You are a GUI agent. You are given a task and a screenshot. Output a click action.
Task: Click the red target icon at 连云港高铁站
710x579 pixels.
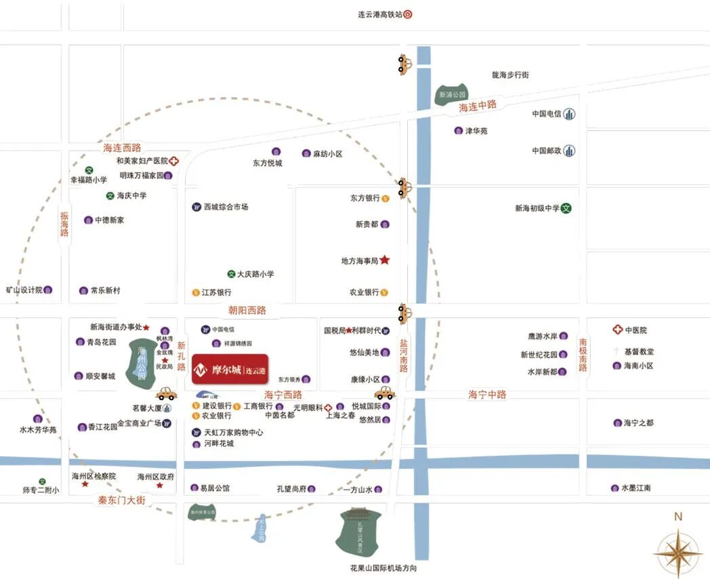408,14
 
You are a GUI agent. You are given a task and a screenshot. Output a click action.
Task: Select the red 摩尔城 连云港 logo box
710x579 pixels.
230,370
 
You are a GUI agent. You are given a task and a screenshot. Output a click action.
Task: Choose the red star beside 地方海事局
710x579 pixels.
385,260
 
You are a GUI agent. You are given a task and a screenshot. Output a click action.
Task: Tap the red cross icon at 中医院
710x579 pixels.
617,330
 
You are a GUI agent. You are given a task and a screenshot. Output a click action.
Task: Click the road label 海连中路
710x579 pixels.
478,106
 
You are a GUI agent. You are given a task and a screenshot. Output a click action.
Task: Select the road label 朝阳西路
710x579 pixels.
247,310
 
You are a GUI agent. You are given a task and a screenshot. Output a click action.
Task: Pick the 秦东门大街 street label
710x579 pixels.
122,500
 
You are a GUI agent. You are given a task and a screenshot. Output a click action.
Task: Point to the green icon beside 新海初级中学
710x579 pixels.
566,208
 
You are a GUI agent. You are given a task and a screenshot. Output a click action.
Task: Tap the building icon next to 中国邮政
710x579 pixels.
570,151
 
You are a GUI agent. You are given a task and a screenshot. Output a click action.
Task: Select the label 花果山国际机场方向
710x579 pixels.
379,568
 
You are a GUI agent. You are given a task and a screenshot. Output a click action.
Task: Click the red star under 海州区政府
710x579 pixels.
159,485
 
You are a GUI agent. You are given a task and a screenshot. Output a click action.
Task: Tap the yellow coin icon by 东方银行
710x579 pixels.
385,199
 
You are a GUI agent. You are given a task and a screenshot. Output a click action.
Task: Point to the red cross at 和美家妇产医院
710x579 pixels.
174,161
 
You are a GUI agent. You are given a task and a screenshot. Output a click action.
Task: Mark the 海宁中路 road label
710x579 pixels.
487,394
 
